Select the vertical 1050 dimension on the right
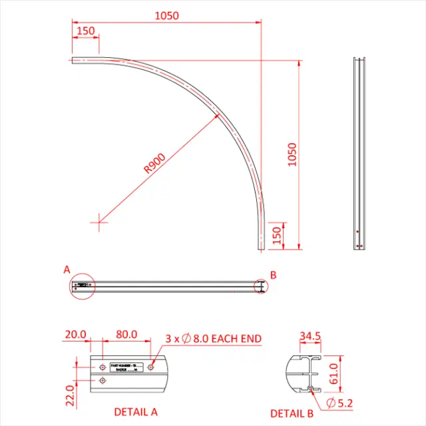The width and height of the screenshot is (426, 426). click(x=292, y=154)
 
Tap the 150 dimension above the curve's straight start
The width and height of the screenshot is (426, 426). click(x=85, y=31)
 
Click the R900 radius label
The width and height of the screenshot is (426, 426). click(x=154, y=163)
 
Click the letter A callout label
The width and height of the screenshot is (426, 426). click(x=67, y=270)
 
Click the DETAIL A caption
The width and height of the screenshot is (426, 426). click(x=136, y=411)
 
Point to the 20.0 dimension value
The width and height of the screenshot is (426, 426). click(x=75, y=334)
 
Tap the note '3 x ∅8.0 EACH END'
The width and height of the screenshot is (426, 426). click(x=213, y=339)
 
